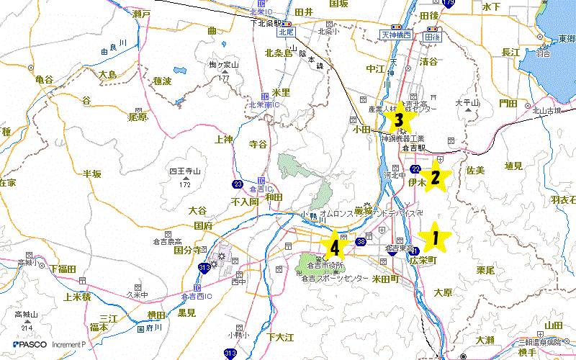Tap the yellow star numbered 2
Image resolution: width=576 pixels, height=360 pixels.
pos(434,177)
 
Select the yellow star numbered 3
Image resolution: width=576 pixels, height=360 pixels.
pos(397,117)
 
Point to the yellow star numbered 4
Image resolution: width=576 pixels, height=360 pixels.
pos(333,246)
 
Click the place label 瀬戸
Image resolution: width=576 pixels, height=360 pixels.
pos(141,14)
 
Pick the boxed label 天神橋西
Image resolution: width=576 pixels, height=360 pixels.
pos(395,35)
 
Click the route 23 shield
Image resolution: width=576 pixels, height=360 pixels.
pos(237,184)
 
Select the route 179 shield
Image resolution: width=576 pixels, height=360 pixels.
pos(449,4)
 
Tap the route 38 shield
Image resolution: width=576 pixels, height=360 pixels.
pos(361,242)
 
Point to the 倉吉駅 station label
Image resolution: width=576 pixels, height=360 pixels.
pos(415,148)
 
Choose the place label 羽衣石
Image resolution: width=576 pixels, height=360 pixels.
pos(562,199)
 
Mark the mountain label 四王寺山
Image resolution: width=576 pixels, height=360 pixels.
pos(183,171)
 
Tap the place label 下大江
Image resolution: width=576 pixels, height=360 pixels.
pos(280,337)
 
